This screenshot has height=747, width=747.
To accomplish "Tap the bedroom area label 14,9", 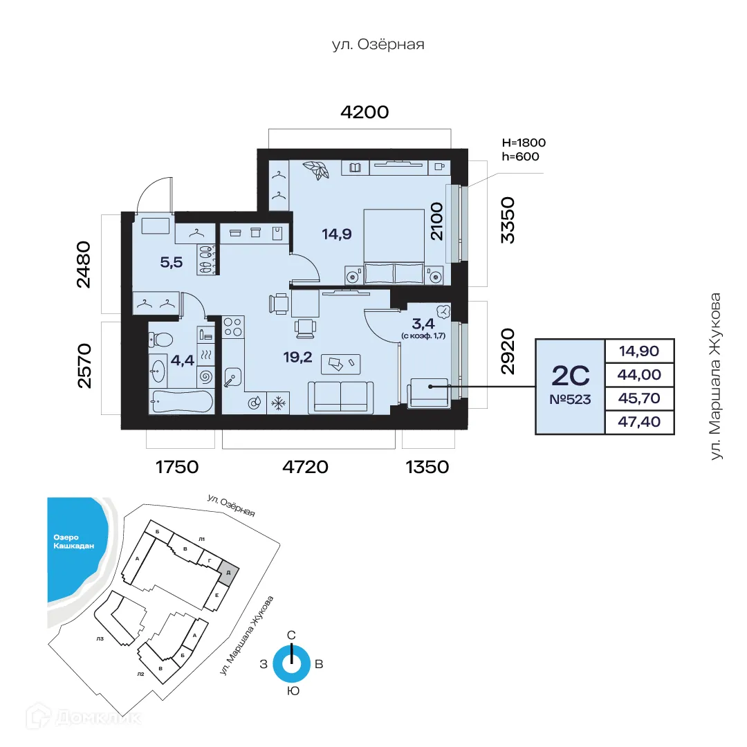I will [x=337, y=234].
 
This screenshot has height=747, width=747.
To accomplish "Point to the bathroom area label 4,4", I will [x=183, y=360].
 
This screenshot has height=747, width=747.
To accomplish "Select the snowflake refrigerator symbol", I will [x=277, y=403].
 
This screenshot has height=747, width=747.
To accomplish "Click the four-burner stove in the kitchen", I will [x=233, y=327].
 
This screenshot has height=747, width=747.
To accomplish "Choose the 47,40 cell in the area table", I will [x=640, y=422].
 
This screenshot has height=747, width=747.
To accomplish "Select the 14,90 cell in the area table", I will [x=640, y=351].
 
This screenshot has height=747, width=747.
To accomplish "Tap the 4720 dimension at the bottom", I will [x=306, y=467].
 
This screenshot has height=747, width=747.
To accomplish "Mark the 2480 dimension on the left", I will [x=84, y=264].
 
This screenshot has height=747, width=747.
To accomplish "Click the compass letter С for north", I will [x=292, y=634].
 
